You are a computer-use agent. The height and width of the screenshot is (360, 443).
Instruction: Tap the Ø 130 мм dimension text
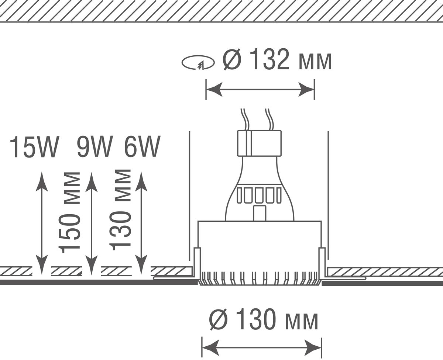264,320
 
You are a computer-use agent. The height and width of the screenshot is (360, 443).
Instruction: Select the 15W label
34,147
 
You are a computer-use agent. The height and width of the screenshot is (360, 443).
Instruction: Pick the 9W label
95,146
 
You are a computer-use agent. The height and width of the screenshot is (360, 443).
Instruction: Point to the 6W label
142,146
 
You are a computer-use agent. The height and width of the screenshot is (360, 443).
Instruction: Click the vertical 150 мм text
70,212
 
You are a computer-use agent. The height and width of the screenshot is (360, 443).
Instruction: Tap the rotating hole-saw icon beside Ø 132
198,63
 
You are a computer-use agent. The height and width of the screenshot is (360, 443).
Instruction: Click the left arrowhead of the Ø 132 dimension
214,90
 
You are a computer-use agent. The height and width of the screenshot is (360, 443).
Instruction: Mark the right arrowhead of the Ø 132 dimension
306,90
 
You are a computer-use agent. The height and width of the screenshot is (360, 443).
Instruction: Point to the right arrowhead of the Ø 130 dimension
313,347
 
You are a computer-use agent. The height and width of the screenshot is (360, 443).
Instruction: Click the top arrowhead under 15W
42,181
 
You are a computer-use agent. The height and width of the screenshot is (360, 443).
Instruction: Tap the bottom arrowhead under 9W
91,265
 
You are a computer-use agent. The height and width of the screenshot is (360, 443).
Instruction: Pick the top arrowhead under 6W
141,181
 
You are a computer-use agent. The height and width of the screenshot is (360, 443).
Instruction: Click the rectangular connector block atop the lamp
259,143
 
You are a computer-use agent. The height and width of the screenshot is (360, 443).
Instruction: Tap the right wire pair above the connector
269,119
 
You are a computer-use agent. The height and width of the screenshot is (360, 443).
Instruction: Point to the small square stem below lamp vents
260,213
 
